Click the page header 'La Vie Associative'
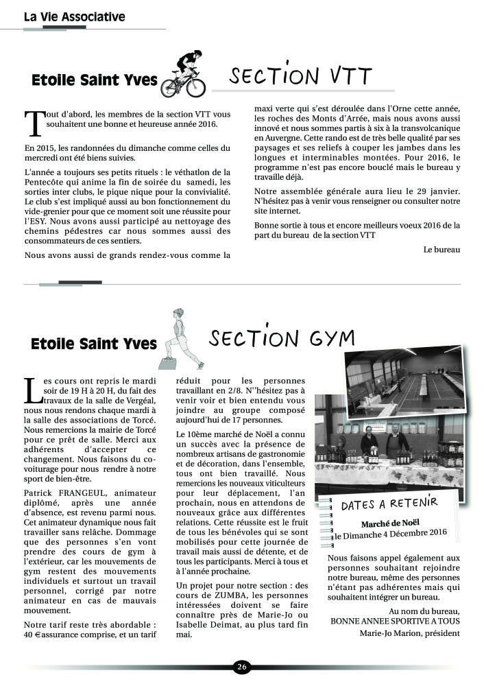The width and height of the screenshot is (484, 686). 74,17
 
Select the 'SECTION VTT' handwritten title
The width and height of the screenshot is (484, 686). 301,76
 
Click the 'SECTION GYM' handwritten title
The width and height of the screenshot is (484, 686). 282,338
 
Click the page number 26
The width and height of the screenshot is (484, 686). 241,667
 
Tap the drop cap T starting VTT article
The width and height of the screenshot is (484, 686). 34,121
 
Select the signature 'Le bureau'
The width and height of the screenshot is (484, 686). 442,250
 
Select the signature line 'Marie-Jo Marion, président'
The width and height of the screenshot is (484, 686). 410,632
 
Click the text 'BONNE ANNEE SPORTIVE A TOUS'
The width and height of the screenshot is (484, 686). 395,621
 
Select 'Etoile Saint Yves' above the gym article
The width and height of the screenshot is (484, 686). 94,343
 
